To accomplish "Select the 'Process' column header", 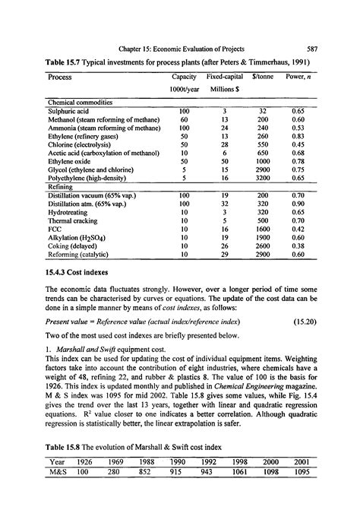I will (x=60, y=77).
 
